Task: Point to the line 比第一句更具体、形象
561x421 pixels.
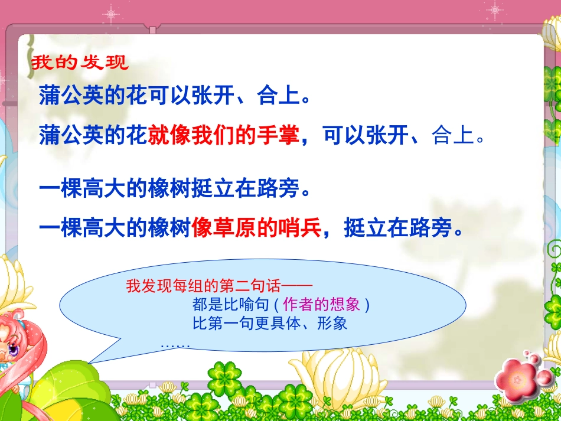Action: (x=270, y=324)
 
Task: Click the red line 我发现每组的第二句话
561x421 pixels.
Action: (x=204, y=287)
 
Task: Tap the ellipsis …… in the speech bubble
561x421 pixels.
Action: (x=175, y=344)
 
